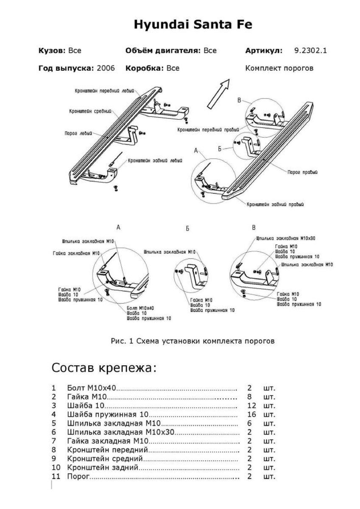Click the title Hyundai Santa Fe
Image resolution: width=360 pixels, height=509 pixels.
193,25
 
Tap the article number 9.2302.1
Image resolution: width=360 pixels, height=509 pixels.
310,50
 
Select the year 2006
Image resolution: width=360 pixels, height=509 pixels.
106,68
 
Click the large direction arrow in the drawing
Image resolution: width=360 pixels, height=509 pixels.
218,94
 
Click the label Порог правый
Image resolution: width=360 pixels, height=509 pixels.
302,173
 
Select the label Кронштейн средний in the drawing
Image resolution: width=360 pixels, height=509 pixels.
90,112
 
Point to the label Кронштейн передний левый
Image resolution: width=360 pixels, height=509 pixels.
104,90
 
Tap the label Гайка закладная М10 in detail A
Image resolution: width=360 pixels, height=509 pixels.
76,253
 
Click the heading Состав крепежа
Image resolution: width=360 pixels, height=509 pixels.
104,367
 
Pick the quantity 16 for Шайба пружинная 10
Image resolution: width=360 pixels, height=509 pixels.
251,414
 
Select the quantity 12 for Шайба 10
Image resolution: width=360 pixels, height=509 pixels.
251,405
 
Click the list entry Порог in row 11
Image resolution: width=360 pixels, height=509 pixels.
77,477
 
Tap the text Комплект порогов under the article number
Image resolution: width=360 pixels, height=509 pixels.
279,68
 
